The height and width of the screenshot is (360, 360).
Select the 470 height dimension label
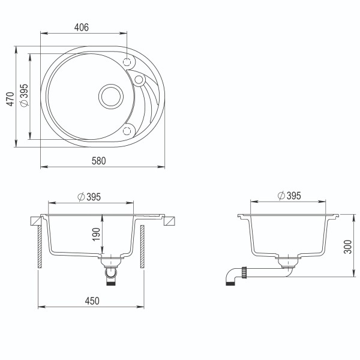[10, 98]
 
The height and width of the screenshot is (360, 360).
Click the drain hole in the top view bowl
[111, 95]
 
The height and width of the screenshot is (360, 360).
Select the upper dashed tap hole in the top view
[127, 61]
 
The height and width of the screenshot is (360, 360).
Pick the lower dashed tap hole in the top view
[127, 131]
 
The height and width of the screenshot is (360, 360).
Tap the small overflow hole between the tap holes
[139, 79]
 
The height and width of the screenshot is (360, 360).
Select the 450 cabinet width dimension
[91, 300]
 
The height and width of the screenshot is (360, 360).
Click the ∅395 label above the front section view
[89, 197]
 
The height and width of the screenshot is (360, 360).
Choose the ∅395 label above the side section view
[289, 196]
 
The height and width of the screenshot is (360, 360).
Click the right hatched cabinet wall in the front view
[142, 246]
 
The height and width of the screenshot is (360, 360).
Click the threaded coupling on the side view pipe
[244, 272]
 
